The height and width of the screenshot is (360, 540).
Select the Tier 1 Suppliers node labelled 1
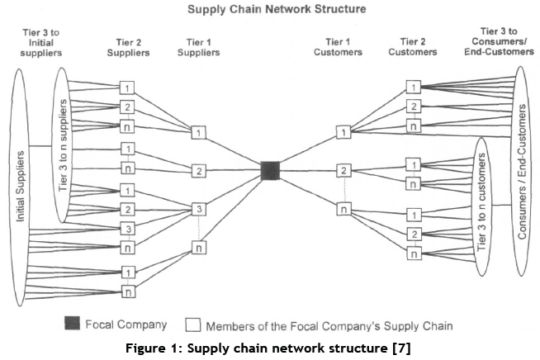pyautogui.click(x=198, y=132)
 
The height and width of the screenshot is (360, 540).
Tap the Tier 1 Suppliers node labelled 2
pyautogui.click(x=198, y=171)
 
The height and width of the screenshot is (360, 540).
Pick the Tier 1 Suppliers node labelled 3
pyautogui.click(x=198, y=210)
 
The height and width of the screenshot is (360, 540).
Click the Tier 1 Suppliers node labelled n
pyautogui.click(x=198, y=248)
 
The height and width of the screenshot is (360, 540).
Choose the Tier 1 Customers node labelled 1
pyautogui.click(x=343, y=132)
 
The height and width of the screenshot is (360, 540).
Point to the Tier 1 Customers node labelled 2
pyautogui.click(x=343, y=171)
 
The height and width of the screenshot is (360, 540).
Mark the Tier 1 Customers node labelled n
pyautogui.click(x=343, y=210)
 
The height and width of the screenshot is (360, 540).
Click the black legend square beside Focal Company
pyautogui.click(x=72, y=324)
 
